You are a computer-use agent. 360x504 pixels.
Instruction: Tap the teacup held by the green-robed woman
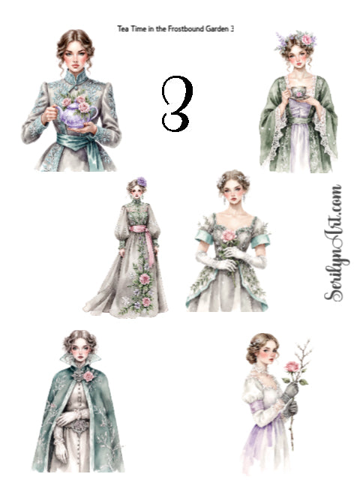point(299,92)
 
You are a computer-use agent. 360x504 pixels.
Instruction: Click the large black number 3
point(177,103)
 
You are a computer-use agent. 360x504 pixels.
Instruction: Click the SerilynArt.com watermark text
point(334,243)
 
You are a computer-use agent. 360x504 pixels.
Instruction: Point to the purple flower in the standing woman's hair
point(142,182)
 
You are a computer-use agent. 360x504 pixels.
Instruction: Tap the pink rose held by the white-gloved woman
point(229,235)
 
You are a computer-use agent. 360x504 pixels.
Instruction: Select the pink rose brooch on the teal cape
point(88,376)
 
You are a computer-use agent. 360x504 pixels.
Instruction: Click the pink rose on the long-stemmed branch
point(292,367)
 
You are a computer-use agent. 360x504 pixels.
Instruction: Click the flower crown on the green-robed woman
point(296,40)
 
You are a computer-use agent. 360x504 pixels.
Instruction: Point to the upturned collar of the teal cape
point(80,359)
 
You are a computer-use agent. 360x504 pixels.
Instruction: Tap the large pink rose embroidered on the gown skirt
point(144,279)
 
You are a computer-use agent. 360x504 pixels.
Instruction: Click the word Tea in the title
point(121,28)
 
